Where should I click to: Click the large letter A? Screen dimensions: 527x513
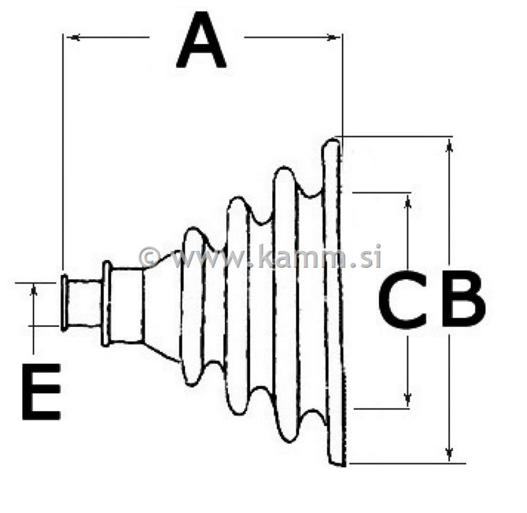[x=201, y=41]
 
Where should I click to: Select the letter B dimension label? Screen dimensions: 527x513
[x=463, y=299]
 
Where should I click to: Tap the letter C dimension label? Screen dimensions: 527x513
[x=402, y=299]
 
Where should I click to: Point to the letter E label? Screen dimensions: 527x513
[x=41, y=392]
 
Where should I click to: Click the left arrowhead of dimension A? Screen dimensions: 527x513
[x=73, y=37]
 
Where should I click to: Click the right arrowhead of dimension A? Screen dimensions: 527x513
[x=333, y=37]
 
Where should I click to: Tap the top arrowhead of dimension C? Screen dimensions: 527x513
[x=408, y=201]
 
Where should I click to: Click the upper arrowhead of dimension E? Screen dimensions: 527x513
[x=33, y=290]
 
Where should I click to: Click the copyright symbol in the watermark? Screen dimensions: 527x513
[x=150, y=257]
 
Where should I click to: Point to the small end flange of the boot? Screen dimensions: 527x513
[x=64, y=302]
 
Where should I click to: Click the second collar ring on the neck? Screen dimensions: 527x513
[x=107, y=304]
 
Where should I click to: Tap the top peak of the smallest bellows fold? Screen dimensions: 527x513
[x=192, y=229]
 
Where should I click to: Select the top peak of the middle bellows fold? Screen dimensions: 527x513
[x=238, y=198]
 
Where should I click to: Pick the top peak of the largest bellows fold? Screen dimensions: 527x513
[x=285, y=169]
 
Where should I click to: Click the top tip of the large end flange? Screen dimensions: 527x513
[x=333, y=139]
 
